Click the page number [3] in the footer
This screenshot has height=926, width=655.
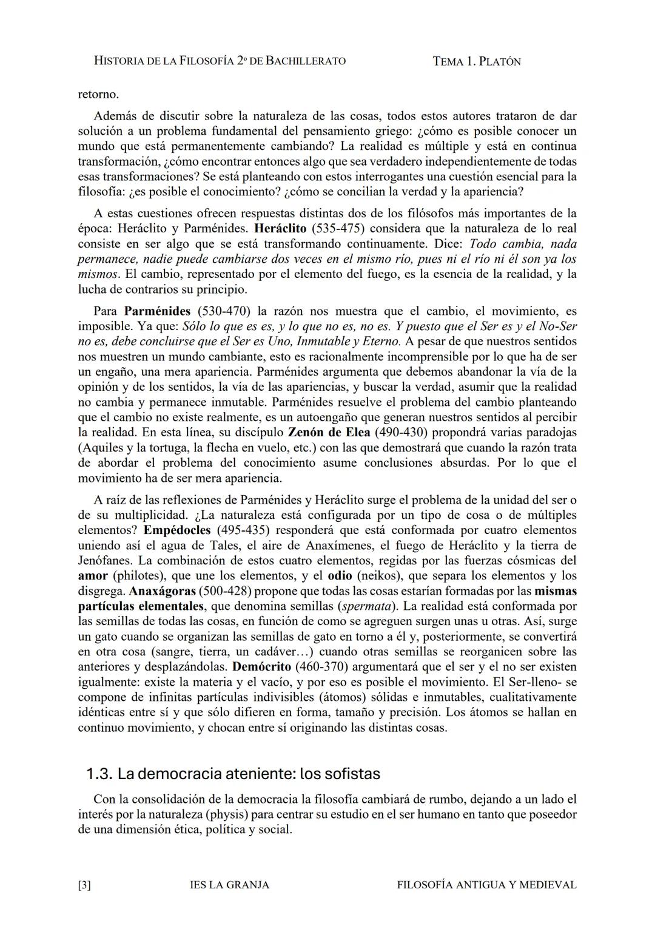pos(84,885)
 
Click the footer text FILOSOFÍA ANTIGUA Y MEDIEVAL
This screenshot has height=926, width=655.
pos(486,885)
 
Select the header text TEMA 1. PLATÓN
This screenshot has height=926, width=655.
pos(477,61)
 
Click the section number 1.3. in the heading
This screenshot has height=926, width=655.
pos(99,774)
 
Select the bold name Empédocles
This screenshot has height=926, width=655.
pos(177,530)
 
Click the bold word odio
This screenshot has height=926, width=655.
pos(340,575)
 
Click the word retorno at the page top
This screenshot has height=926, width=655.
pos(98,95)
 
